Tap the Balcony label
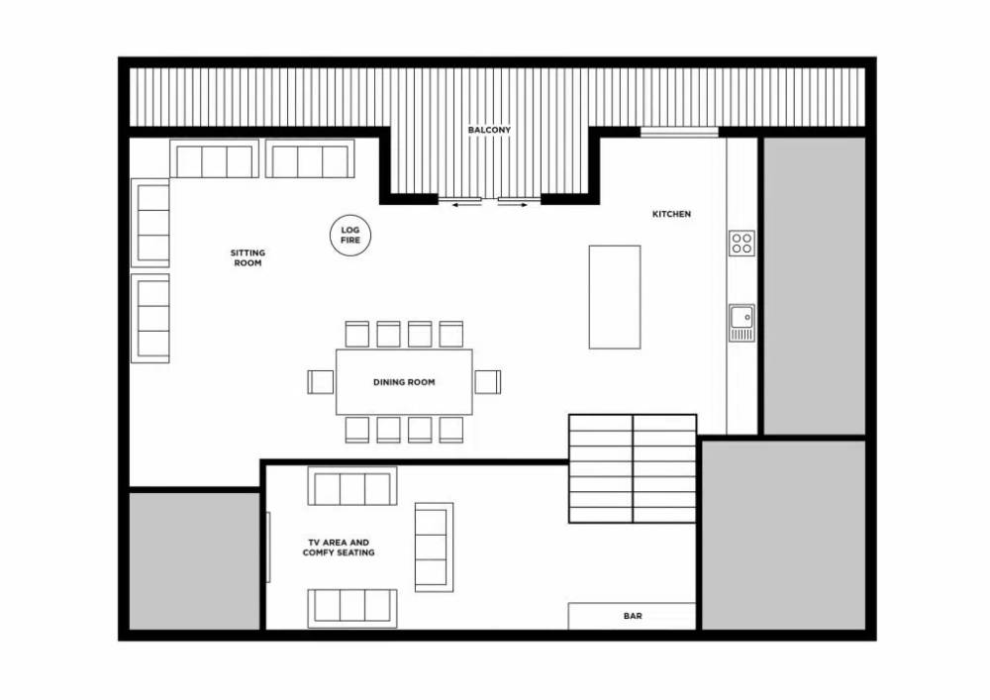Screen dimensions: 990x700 pyautogui.click(x=489, y=130)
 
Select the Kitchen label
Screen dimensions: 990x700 pyautogui.click(x=671, y=214)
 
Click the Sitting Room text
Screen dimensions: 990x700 pyautogui.click(x=247, y=257)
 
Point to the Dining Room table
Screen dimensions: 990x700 pyautogui.click(x=404, y=382)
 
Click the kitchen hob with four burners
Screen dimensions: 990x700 pyautogui.click(x=742, y=243)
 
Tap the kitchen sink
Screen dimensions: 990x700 pyautogui.click(x=742, y=323)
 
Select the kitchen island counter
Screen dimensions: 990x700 pyautogui.click(x=615, y=297)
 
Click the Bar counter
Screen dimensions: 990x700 pyautogui.click(x=632, y=616)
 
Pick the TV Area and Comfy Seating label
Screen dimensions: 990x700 pyautogui.click(x=339, y=548)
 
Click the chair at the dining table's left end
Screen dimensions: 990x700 pyautogui.click(x=321, y=382)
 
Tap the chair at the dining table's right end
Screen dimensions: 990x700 pyautogui.click(x=488, y=382)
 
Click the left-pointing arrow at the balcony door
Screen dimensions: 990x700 pyautogui.click(x=466, y=205)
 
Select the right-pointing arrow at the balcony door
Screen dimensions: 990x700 pyautogui.click(x=513, y=205)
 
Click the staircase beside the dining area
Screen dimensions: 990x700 pyautogui.click(x=633, y=468)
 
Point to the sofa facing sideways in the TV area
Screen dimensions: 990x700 pyautogui.click(x=434, y=548)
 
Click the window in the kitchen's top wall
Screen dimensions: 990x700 pyautogui.click(x=679, y=132)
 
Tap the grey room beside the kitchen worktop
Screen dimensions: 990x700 pyautogui.click(x=815, y=285)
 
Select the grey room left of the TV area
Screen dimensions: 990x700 pyautogui.click(x=194, y=560)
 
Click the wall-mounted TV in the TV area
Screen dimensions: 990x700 pyautogui.click(x=268, y=547)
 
